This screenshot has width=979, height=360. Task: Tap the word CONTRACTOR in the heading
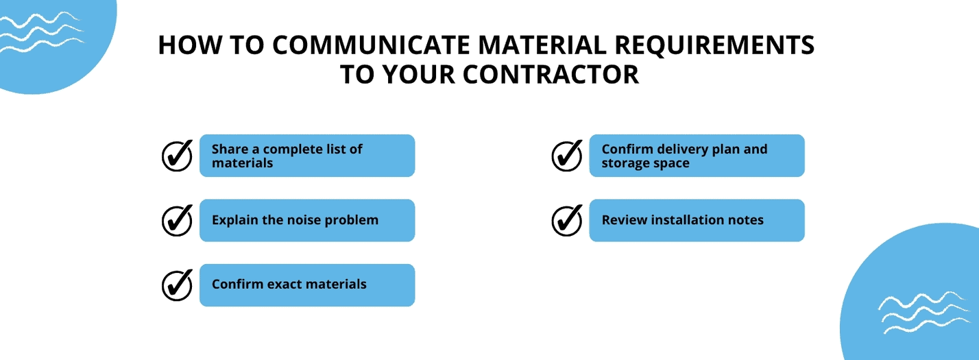(x=551, y=74)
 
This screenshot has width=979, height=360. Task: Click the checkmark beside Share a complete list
(x=177, y=156)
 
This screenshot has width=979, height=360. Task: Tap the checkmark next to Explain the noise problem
(x=177, y=220)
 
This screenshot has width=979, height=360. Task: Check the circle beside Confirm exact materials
(x=177, y=285)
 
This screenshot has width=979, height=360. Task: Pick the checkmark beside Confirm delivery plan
(x=567, y=156)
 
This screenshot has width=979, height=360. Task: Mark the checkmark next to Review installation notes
(x=567, y=220)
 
